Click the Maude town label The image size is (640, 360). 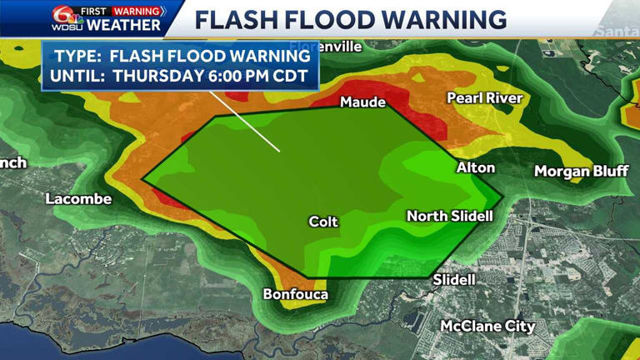click(x=362, y=102)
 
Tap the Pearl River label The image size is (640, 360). click(x=484, y=98)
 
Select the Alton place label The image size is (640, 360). click(x=475, y=168)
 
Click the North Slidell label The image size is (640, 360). click(x=449, y=216)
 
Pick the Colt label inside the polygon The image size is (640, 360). click(x=323, y=222)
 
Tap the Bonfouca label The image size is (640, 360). click(x=296, y=294)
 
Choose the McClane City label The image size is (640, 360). click(x=487, y=326)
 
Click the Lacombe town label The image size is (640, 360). click(x=78, y=199)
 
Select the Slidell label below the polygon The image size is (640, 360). click(x=454, y=280)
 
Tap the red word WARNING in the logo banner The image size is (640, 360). click(x=136, y=11)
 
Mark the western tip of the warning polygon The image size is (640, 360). click(x=143, y=178)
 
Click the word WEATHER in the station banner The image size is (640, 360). click(x=123, y=25)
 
